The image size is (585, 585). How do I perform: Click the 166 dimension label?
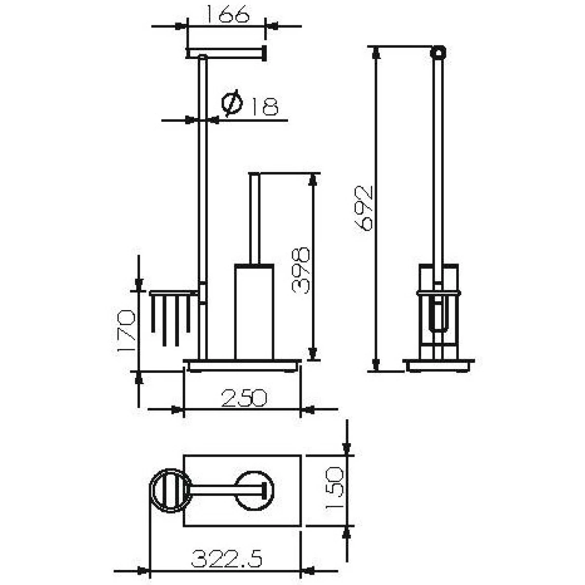click(227, 14)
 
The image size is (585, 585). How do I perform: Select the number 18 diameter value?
click(265, 106)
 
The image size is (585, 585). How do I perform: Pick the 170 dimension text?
click(126, 330)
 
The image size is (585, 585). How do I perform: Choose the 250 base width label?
click(244, 398)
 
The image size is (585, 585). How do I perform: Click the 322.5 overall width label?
click(227, 559)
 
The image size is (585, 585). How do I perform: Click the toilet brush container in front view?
click(254, 312)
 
